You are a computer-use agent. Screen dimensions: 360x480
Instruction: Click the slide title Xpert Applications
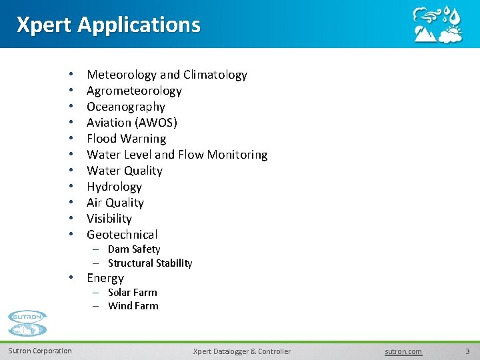click(108, 25)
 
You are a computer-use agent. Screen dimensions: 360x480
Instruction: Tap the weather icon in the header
click(437, 25)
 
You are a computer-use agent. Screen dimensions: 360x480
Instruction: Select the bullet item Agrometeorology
click(134, 91)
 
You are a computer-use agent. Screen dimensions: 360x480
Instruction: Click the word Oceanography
click(126, 107)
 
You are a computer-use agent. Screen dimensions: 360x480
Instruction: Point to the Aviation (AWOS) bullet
click(132, 123)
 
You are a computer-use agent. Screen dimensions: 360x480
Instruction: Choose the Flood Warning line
click(127, 139)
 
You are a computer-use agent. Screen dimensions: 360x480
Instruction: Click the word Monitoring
click(237, 155)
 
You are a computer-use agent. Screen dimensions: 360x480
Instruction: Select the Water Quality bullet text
click(125, 171)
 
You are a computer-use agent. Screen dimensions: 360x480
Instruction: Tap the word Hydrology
click(115, 187)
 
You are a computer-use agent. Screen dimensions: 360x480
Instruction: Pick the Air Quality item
click(115, 203)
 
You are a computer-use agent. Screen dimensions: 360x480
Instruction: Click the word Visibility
click(109, 219)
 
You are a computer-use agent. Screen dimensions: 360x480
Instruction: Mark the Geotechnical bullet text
click(122, 235)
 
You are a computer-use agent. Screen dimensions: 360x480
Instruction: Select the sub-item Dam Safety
click(134, 249)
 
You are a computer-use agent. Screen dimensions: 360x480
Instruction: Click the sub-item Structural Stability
click(150, 263)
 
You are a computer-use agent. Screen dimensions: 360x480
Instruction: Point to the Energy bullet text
click(105, 278)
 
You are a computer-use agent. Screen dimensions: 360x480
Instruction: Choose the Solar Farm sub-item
click(133, 293)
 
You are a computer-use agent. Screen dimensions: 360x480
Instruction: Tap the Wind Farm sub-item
click(133, 306)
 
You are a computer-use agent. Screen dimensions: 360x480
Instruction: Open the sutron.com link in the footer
click(403, 351)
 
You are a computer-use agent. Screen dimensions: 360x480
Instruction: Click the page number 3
click(467, 351)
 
